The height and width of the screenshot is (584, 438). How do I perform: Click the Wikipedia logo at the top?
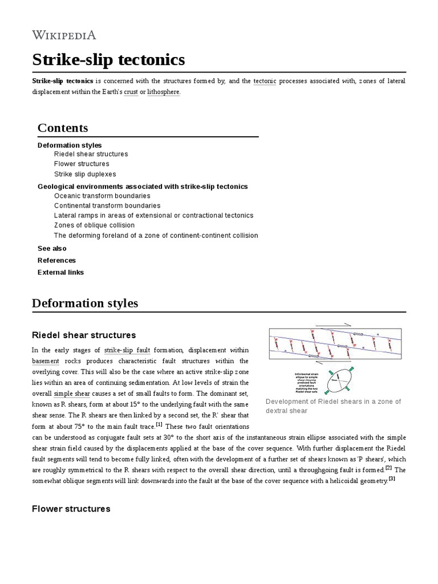click(x=64, y=35)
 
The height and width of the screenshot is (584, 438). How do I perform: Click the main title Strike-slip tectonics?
click(x=108, y=60)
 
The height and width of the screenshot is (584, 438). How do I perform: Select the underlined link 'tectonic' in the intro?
click(x=265, y=81)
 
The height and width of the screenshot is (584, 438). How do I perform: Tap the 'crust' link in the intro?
click(x=131, y=92)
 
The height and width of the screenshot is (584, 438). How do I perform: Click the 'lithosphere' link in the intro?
click(x=164, y=92)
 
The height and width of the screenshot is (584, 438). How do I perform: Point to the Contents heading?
click(x=63, y=127)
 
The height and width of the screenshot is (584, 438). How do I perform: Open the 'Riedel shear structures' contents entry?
click(x=91, y=154)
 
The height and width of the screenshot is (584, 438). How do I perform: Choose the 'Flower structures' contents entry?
click(x=82, y=164)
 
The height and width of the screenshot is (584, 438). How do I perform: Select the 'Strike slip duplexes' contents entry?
click(x=85, y=174)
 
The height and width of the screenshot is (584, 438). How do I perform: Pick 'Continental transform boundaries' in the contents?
click(x=107, y=205)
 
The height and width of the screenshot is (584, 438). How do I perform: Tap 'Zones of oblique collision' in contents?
click(x=94, y=225)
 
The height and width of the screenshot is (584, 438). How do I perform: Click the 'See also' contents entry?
click(x=52, y=249)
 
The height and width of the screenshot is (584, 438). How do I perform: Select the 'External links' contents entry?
click(x=60, y=273)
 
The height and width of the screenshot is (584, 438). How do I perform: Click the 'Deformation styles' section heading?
click(x=85, y=303)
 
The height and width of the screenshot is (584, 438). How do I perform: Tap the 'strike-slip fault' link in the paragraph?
click(x=127, y=350)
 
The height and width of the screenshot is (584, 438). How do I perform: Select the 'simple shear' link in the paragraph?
click(x=72, y=394)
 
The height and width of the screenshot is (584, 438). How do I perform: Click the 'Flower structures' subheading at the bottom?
click(x=71, y=508)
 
